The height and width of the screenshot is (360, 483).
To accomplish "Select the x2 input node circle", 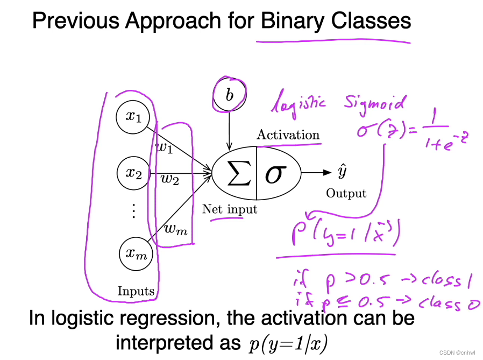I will [133, 173].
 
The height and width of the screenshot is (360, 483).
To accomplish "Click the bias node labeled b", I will [230, 96].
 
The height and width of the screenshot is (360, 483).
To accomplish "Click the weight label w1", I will [164, 147].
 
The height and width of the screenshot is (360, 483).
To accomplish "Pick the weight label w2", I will [170, 180].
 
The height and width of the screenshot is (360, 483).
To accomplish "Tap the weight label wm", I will [175, 230].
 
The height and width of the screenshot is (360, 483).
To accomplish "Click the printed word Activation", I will [288, 135].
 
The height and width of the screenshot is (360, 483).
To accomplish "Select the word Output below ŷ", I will [346, 193].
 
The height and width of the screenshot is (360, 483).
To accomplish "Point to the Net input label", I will [230, 209].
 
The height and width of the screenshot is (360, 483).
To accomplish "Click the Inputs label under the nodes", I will [136, 292].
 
